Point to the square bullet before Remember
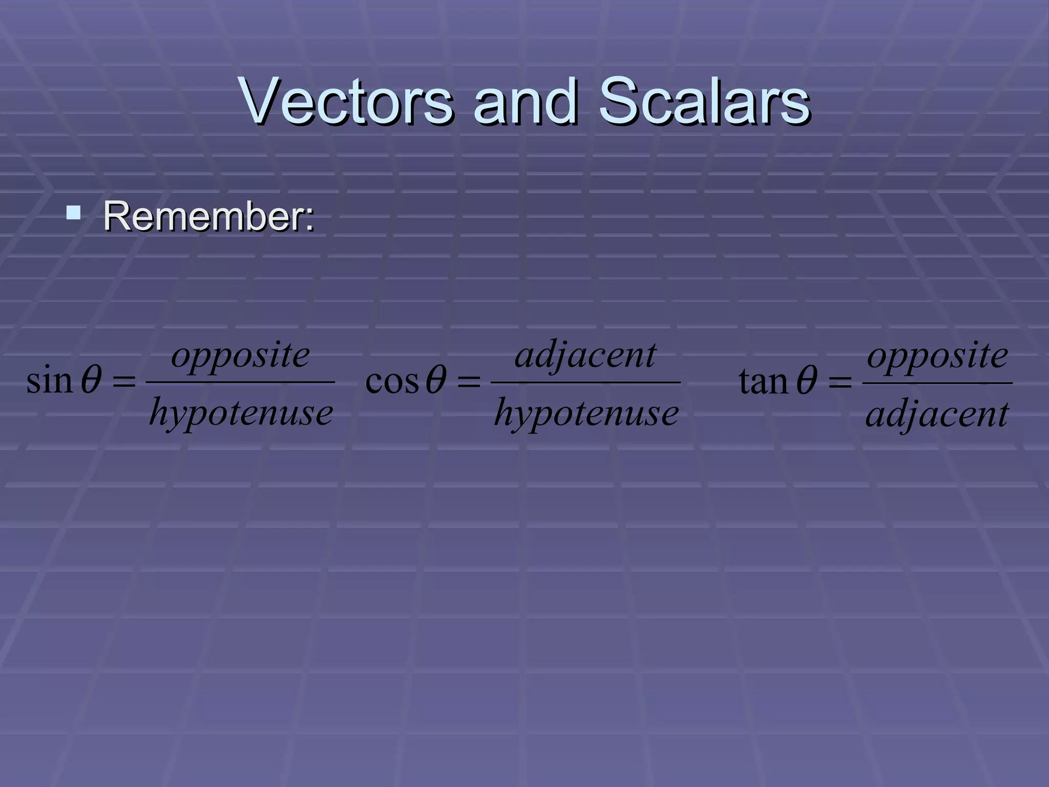[74, 212]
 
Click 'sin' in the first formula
[49, 381]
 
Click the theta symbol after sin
[91, 380]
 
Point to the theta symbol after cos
[436, 381]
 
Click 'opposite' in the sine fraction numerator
[241, 356]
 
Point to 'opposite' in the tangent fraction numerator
[937, 356]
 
